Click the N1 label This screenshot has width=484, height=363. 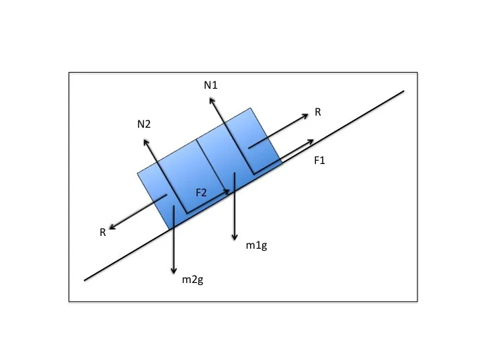pos(211,85)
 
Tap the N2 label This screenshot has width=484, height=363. pos(144,124)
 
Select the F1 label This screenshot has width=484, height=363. pos(319,161)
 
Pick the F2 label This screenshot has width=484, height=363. pos(201,193)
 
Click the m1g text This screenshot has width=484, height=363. pos(257,245)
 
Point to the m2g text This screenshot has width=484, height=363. pos(193,280)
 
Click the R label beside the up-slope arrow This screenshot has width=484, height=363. pos(317,112)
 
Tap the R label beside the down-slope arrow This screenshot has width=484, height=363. pos(103,232)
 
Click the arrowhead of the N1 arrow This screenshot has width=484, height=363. pos(210,98)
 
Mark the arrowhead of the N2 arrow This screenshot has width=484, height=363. pos(144,140)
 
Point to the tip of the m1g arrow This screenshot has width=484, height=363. pos(235,240)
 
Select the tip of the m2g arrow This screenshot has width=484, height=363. pos(174,274)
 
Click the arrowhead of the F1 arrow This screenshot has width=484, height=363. pos(314,140)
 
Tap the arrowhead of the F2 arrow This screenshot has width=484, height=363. pos(230,191)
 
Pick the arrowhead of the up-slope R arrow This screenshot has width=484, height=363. pos(308,114)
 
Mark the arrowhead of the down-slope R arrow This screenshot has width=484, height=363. pos(110,229)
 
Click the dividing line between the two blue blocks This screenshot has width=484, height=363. pos(213,166)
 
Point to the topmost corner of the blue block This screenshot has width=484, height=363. pos(250,108)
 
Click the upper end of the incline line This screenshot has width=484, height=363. pos(404,91)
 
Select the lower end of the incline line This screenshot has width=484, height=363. pos(84,280)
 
